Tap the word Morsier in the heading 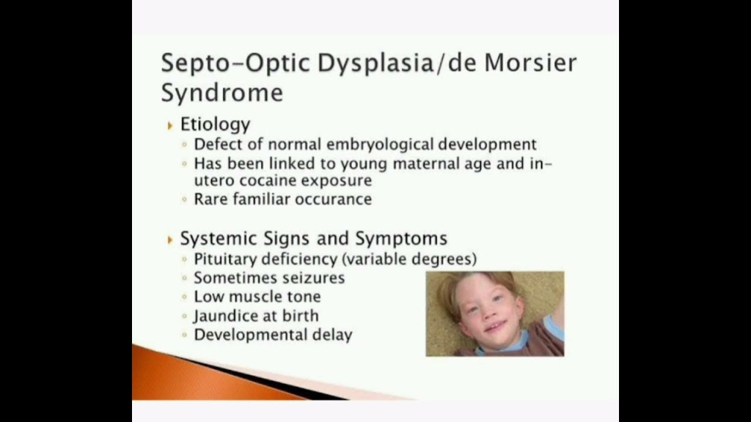click(531, 63)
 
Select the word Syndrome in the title click(221, 93)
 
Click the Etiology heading click(215, 125)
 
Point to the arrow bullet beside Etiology click(170, 126)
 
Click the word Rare click(210, 199)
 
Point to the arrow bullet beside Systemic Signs click(170, 240)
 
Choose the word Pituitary click(225, 259)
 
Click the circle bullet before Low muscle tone click(184, 297)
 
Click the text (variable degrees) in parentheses click(409, 259)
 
